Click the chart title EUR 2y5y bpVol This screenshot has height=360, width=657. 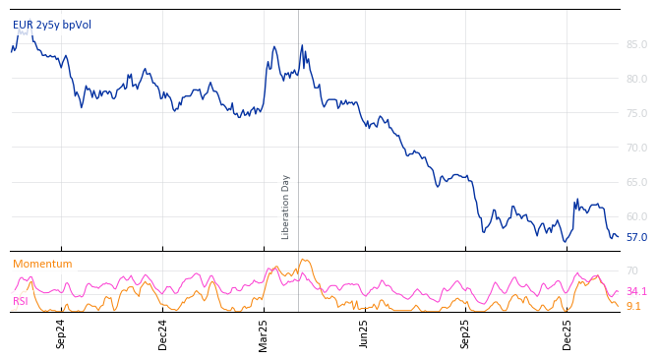pyautogui.click(x=52, y=25)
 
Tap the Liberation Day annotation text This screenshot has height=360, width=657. pyautogui.click(x=286, y=207)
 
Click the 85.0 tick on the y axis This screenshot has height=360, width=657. pyautogui.click(x=636, y=44)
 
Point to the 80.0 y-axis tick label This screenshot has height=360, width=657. pyautogui.click(x=636, y=79)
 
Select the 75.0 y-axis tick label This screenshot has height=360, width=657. pyautogui.click(x=636, y=113)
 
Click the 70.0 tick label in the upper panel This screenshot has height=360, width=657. pyautogui.click(x=636, y=148)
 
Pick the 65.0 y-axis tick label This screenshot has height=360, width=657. pyautogui.click(x=636, y=182)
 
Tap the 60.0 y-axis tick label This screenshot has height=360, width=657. pyautogui.click(x=636, y=216)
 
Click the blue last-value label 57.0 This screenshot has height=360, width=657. pyautogui.click(x=636, y=237)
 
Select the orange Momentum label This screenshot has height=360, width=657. pyautogui.click(x=42, y=264)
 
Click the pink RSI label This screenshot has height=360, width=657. pyautogui.click(x=21, y=301)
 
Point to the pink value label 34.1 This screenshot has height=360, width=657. pyautogui.click(x=636, y=291)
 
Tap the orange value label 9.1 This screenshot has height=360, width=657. pyautogui.click(x=633, y=306)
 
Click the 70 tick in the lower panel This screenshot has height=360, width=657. pyautogui.click(x=631, y=270)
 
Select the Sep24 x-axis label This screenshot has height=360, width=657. pyautogui.click(x=61, y=333)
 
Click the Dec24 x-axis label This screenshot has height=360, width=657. pyautogui.click(x=163, y=333)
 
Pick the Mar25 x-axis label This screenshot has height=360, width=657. pyautogui.click(x=264, y=333)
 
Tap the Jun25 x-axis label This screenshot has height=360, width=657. pyautogui.click(x=365, y=333)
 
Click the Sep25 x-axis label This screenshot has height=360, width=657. pyautogui.click(x=466, y=333)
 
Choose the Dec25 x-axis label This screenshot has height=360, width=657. pyautogui.click(x=567, y=333)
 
